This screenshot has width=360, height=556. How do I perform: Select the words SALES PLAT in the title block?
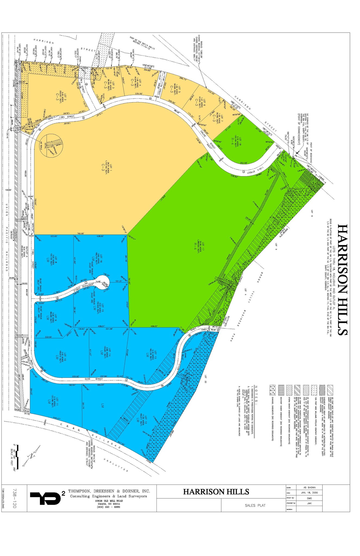[x=255, y=505]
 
